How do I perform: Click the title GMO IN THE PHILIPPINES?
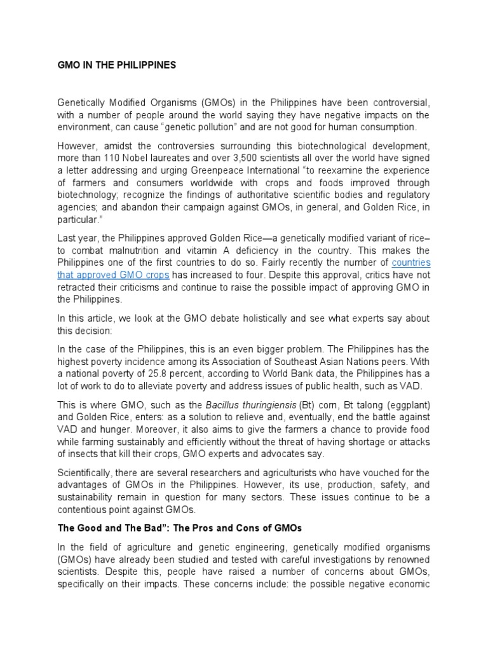point(117,65)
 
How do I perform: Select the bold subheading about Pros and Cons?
point(180,528)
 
